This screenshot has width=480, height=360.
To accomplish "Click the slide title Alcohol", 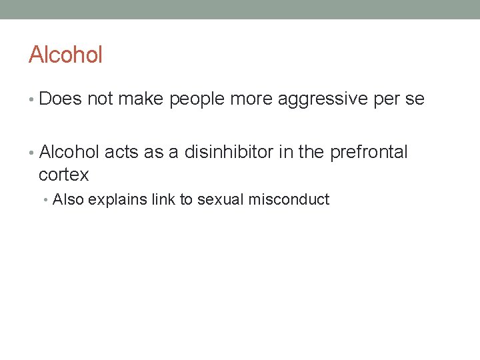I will coord(65,55).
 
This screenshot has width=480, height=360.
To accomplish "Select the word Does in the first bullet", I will coord(61,99).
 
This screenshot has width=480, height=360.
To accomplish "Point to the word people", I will coord(197,100).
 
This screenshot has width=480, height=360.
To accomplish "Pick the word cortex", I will coord(63,175).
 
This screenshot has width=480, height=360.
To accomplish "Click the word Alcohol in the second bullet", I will coord(69,152).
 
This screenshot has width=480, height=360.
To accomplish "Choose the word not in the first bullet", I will coord(100,99).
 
